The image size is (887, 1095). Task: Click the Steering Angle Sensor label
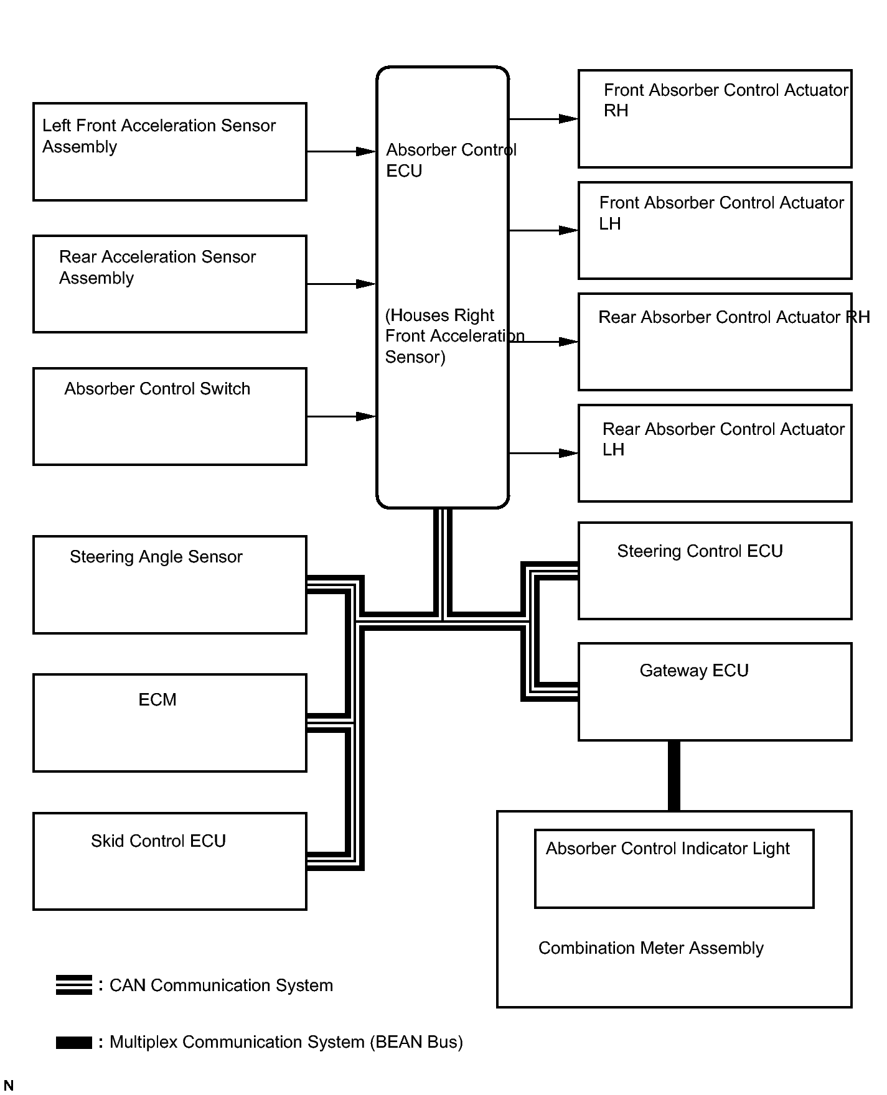tap(156, 557)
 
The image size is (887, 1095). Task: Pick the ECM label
tap(157, 700)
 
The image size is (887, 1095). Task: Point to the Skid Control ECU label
tap(158, 841)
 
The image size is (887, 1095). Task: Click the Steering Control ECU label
tap(700, 551)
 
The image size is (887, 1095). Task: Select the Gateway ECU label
tap(694, 671)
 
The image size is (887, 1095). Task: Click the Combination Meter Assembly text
tap(651, 948)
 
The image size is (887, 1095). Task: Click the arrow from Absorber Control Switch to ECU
tap(342, 416)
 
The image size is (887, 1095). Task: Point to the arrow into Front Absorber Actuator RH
tap(543, 119)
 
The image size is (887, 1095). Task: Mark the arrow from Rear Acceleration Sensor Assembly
tap(342, 284)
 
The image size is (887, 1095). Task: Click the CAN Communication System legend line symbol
tap(74, 985)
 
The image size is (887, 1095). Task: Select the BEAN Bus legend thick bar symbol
tap(74, 1043)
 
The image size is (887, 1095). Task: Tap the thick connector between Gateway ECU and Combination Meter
tap(674, 776)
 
